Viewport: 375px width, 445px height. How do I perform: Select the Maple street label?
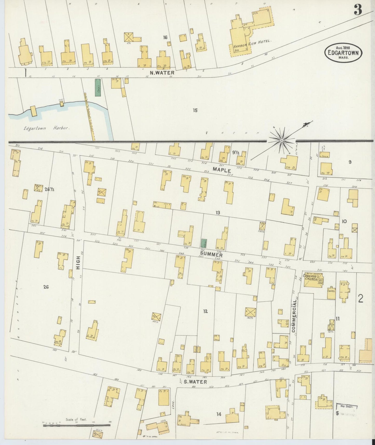coord(222,170)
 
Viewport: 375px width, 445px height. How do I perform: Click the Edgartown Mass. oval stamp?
coord(343,53)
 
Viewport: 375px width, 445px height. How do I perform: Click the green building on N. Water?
coord(98,88)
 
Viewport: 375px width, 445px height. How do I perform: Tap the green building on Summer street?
coord(204,243)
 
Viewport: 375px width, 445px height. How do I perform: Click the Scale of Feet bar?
coord(77,425)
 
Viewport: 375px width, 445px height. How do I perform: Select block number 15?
coord(195,110)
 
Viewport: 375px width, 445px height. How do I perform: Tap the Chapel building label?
coord(331,291)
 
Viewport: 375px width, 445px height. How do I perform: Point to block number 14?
coord(219,414)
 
